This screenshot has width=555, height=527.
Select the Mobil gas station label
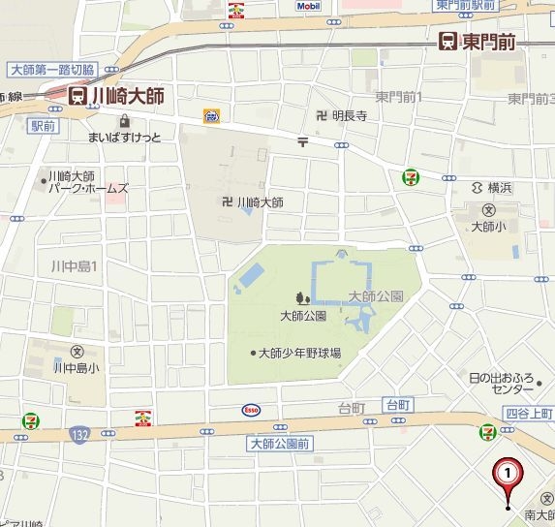tap(307, 5)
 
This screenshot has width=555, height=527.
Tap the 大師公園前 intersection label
tap(278, 444)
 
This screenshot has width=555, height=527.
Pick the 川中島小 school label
tap(77, 367)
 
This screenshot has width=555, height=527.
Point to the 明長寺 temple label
tap(350, 116)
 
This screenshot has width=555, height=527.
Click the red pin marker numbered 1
tap(509, 473)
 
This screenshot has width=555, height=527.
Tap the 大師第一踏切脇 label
tap(51, 70)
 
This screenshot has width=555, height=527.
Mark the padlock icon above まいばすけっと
tap(124, 121)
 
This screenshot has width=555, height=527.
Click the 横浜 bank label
tap(506, 187)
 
